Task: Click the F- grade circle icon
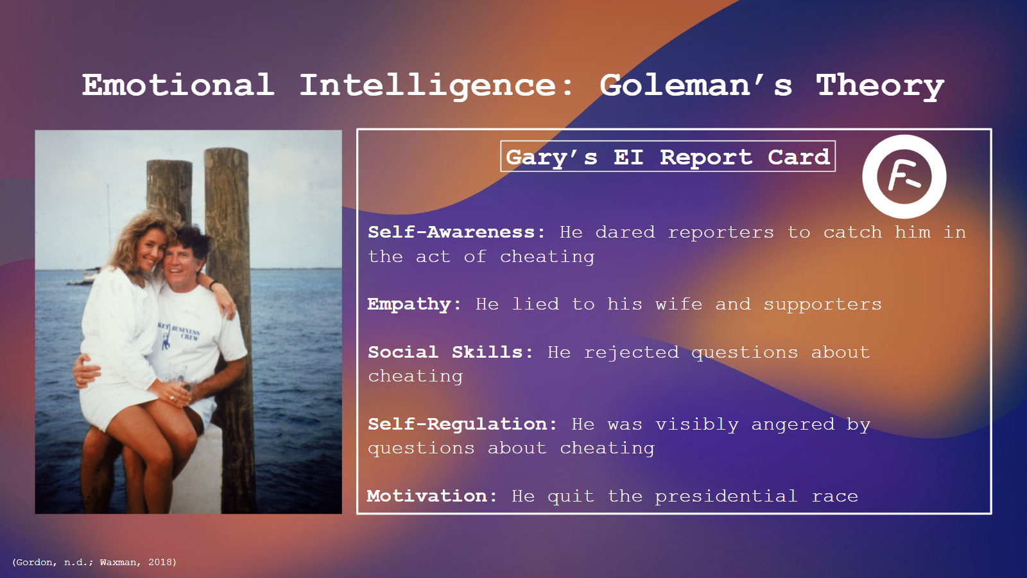coord(904,177)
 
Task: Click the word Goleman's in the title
coord(696,85)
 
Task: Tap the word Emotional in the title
coord(178,85)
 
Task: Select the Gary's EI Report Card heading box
coord(668,157)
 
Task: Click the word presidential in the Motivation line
coord(726,496)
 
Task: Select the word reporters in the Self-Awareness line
coord(721,232)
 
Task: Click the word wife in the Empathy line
coord(678,304)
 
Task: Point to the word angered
coord(793,425)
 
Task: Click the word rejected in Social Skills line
coord(631,353)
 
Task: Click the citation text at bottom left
coord(94,562)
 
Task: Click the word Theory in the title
coord(879,85)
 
